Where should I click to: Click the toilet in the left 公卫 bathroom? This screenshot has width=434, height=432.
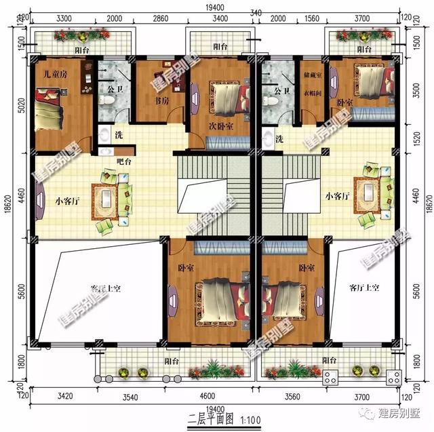click(x=106, y=100)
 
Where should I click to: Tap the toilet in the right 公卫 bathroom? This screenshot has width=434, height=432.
click(x=271, y=100)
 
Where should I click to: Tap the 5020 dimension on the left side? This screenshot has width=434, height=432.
click(x=22, y=103)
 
